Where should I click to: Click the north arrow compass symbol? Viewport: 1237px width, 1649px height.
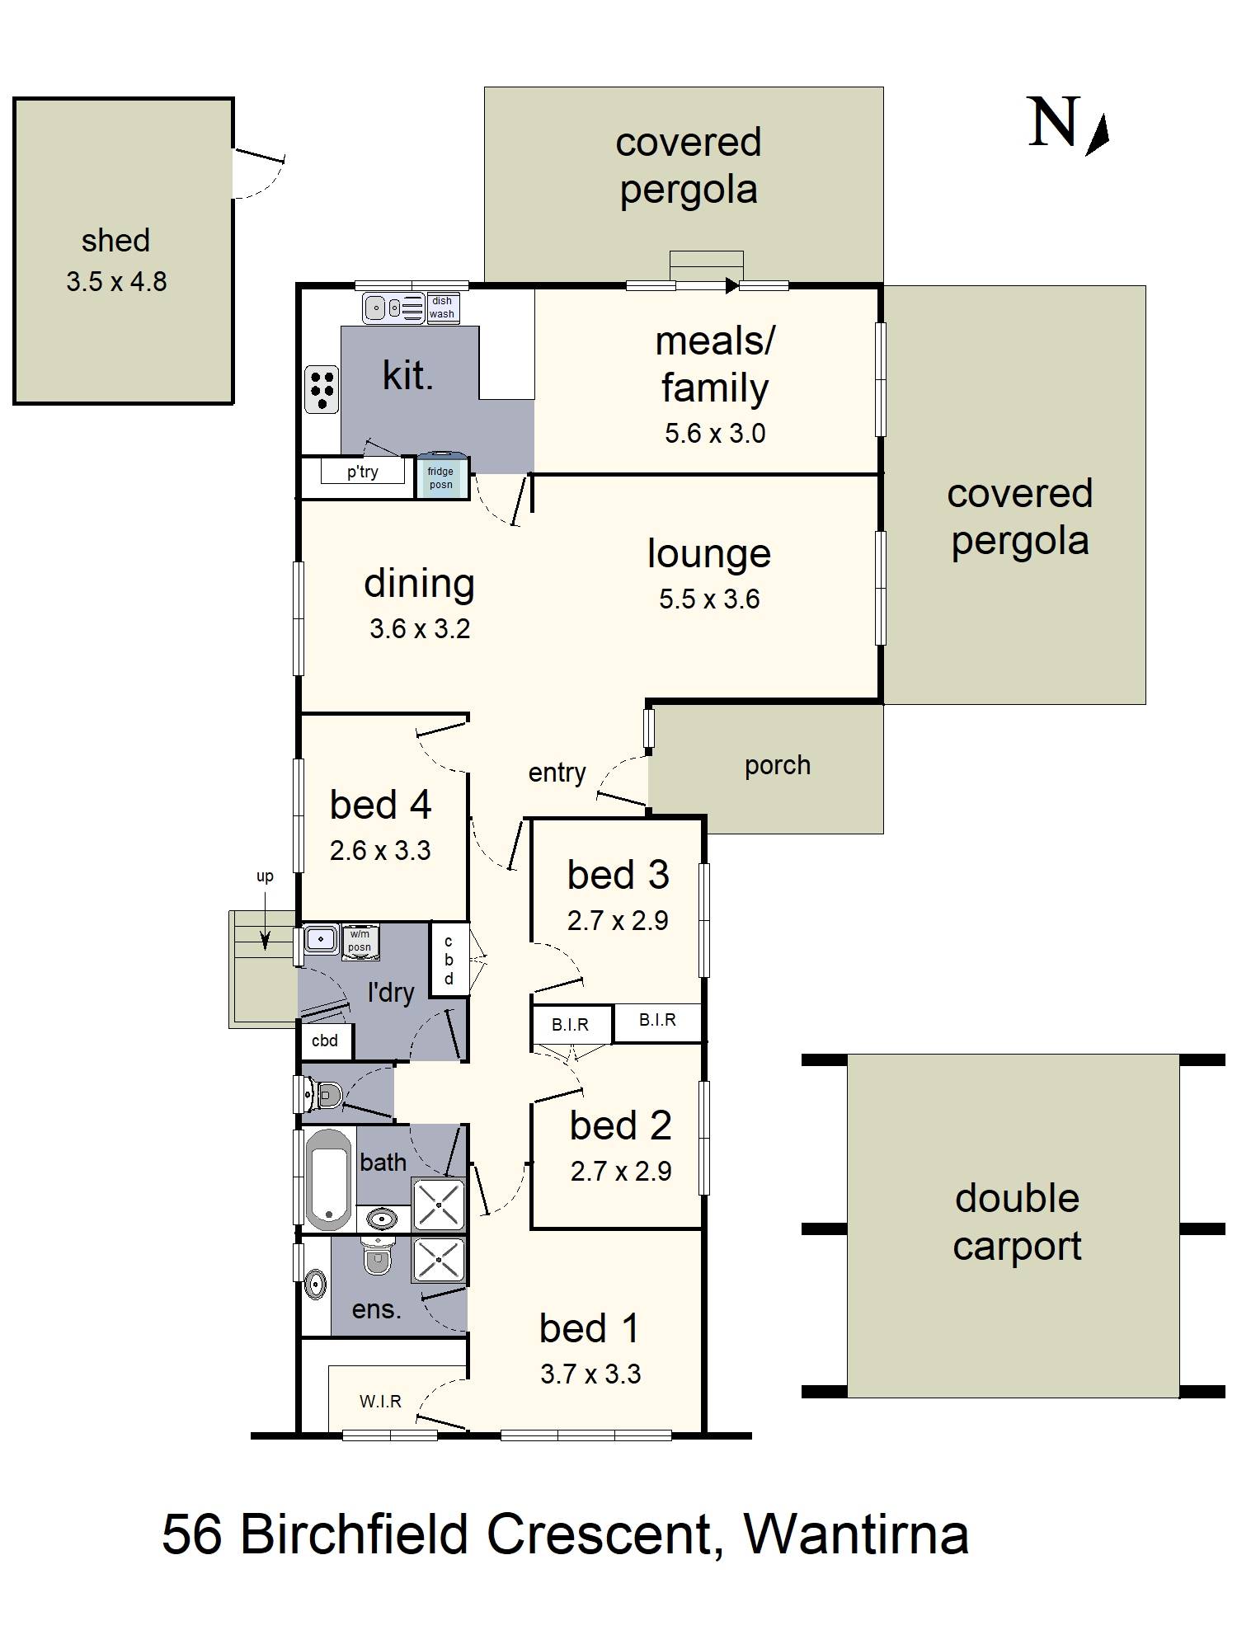pyautogui.click(x=1097, y=134)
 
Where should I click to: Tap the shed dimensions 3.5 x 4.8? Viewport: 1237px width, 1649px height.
pyautogui.click(x=116, y=282)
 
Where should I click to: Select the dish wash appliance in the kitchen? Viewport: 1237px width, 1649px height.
pyautogui.click(x=442, y=308)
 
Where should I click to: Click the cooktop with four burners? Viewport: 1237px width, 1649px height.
pyautogui.click(x=321, y=389)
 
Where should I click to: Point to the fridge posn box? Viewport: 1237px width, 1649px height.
pyautogui.click(x=440, y=477)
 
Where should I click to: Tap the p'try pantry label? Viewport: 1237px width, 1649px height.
pyautogui.click(x=362, y=472)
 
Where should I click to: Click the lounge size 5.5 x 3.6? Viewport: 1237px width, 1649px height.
pyautogui.click(x=709, y=599)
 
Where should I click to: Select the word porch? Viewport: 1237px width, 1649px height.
pyautogui.click(x=778, y=766)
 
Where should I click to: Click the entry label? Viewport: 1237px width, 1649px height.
pyautogui.click(x=557, y=773)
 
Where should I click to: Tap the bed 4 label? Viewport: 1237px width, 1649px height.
pyautogui.click(x=380, y=805)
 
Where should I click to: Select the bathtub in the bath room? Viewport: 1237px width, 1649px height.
pyautogui.click(x=328, y=1178)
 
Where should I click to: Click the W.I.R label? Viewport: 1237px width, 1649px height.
pyautogui.click(x=380, y=1401)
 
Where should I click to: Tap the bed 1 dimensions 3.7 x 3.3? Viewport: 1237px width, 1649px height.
pyautogui.click(x=590, y=1374)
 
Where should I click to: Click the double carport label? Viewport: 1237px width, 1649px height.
pyautogui.click(x=1017, y=1222)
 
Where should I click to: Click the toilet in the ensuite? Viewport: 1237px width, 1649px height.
pyautogui.click(x=377, y=1257)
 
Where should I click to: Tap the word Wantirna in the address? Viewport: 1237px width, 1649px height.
pyautogui.click(x=856, y=1534)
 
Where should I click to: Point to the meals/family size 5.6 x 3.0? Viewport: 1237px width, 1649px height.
pyautogui.click(x=715, y=434)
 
